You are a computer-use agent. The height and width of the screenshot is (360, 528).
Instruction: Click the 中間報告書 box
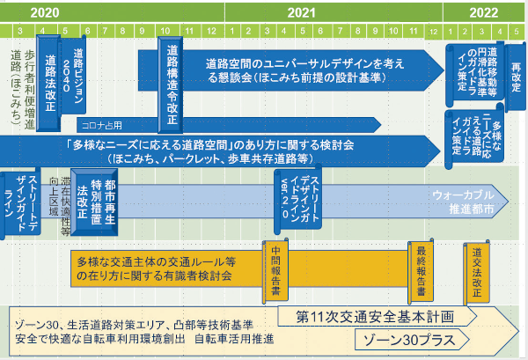275,274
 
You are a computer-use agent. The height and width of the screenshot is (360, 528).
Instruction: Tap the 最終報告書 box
422,274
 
